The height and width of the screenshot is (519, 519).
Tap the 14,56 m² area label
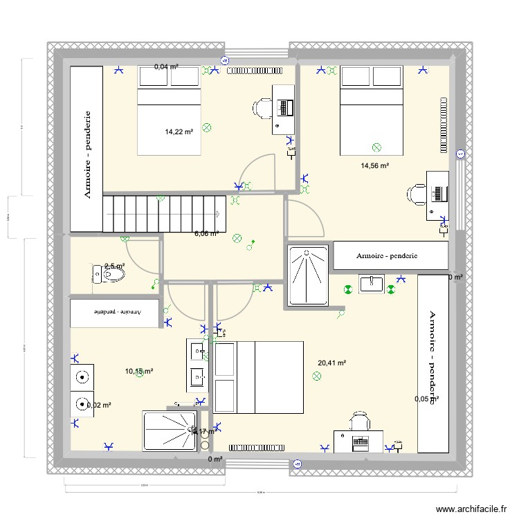pyautogui.click(x=374, y=165)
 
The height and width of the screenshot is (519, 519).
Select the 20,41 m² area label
pyautogui.click(x=331, y=362)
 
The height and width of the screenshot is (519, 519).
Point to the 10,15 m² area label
pyautogui.click(x=138, y=372)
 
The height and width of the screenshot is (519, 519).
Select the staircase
pyautogui.click(x=165, y=212)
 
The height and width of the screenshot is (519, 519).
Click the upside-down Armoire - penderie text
pyautogui.click(x=116, y=312)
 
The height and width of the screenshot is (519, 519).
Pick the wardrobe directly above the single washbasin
pyautogui.click(x=390, y=255)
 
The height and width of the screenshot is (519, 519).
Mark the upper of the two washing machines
pyautogui.click(x=83, y=378)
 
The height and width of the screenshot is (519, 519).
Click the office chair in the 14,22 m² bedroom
pyautogui.click(x=264, y=108)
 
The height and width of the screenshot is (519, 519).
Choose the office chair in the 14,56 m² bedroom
pyautogui.click(x=417, y=194)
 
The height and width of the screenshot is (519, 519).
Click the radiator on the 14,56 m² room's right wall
pyautogui.click(x=441, y=125)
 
